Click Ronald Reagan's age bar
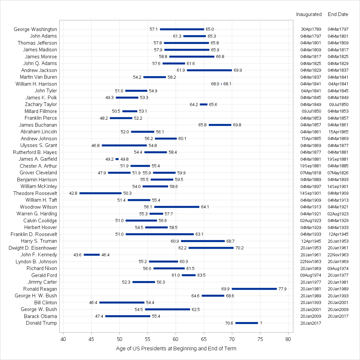click(254, 289)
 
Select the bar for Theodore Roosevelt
click(100, 193)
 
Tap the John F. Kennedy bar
click(92, 255)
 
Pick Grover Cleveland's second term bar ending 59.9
click(164, 173)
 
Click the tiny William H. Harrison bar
click(221, 84)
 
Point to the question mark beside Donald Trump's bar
click(261, 323)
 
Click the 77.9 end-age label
click(282, 289)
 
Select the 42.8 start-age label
click(73, 193)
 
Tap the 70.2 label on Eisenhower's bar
click(239, 248)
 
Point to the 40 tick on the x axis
click(63, 339)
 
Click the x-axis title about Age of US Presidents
click(176, 349)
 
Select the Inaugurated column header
click(309, 14)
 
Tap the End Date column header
click(338, 14)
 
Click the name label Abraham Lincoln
click(39, 132)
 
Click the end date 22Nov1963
click(338, 255)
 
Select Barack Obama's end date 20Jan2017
click(338, 316)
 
